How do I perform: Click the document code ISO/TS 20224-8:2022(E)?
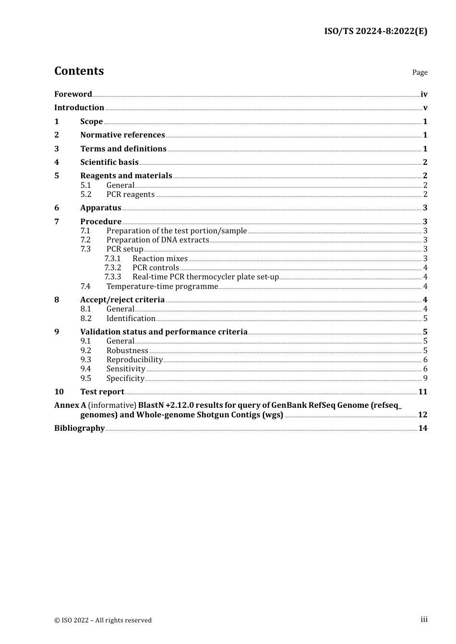coord(375,32)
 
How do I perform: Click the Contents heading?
coord(79,71)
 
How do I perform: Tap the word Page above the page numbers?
coord(420,72)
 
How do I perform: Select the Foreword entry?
coord(73,94)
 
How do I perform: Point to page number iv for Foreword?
coord(424,94)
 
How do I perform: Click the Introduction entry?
coord(79,108)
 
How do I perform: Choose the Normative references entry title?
coord(122,135)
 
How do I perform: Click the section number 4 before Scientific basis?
coord(57,162)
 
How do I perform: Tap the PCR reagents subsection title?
coord(131,195)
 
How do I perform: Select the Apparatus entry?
coord(100,208)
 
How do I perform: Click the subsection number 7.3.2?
coord(113,268)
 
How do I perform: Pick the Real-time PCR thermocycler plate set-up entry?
coord(205,277)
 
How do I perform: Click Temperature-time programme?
coord(162,287)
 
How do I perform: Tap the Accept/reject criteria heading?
coord(122,300)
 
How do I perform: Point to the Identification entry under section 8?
coord(131,319)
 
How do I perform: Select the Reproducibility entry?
coord(134,360)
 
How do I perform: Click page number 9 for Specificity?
coord(425,379)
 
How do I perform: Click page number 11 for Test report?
coord(422,392)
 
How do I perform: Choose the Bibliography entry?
coord(79,428)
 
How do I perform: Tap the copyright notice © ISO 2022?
coord(103,621)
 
